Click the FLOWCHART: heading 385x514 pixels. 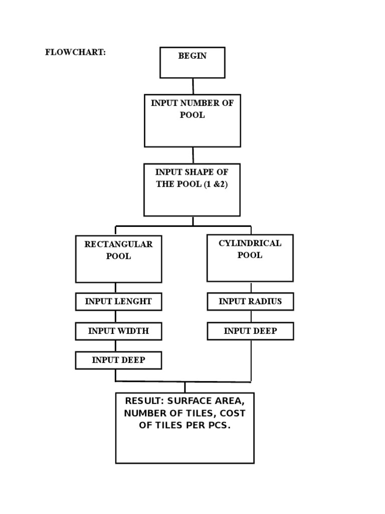click(x=75, y=53)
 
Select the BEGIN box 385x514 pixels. click(x=192, y=63)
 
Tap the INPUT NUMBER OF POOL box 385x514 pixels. click(x=192, y=120)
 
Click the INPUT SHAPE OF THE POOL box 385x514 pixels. click(x=192, y=190)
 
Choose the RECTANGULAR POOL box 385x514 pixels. click(x=118, y=259)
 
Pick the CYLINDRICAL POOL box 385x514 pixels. click(x=250, y=258)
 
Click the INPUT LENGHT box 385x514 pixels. click(x=118, y=302)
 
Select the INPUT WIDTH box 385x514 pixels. click(x=118, y=331)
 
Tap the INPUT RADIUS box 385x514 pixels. click(x=250, y=302)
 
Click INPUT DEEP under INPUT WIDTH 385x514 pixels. click(x=118, y=360)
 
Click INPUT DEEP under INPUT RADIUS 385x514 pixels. click(x=250, y=331)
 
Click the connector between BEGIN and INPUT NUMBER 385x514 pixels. click(x=193, y=86)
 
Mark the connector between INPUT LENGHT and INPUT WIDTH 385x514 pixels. click(x=116, y=317)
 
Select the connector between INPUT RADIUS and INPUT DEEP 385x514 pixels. click(x=250, y=316)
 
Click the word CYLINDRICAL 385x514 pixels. click(x=250, y=243)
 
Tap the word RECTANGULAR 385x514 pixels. click(x=118, y=244)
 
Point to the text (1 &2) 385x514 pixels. click(x=216, y=184)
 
